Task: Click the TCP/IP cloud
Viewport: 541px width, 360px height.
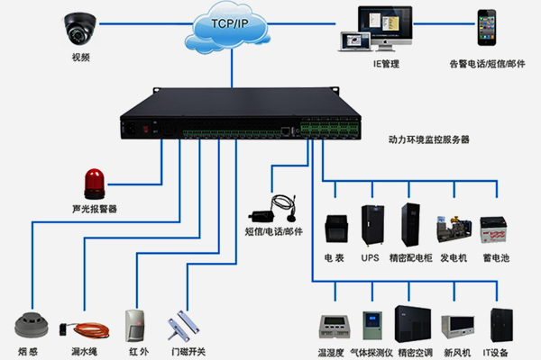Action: coord(231,27)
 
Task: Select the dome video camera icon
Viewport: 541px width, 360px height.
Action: coord(81,29)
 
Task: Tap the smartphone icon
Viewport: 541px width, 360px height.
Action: coord(488,31)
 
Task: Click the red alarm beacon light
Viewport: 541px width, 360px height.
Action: coord(95,183)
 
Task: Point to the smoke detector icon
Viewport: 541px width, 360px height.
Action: coord(31,323)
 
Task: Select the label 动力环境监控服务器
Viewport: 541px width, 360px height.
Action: coord(428,140)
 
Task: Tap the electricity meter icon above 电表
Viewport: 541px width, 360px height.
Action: coord(335,228)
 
